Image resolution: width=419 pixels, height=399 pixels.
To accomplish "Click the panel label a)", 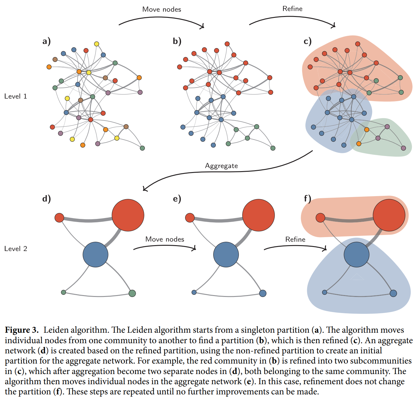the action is coord(46,41).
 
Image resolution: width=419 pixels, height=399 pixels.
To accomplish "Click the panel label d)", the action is coord(46,199).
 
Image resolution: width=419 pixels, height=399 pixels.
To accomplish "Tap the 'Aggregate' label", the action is coord(221,166).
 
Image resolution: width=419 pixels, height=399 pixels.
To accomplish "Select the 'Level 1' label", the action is coord(15,96).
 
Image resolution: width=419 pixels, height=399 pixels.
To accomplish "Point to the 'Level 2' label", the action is coord(16,249).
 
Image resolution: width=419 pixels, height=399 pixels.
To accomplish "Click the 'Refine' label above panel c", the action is coord(292,9).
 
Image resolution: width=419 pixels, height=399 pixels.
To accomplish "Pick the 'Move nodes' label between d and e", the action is coord(164,239).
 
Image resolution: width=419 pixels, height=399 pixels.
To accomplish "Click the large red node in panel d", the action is coord(128,215).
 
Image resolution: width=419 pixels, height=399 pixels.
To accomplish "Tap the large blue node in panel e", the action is coord(226,255).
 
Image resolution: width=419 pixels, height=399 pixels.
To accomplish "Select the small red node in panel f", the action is coord(320,218).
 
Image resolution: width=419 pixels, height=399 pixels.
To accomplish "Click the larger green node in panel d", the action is coord(132,293).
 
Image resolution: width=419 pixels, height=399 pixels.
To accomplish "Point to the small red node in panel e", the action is coord(190,218).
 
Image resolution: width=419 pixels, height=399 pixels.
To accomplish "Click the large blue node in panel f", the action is coord(357,255).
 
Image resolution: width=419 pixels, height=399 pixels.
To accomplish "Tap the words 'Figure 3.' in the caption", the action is coord(22,330).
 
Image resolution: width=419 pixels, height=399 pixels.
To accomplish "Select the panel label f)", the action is coord(307,199).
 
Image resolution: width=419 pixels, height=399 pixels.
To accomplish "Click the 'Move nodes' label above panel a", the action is coord(162,9).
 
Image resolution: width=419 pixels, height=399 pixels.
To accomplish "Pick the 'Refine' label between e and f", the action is coord(295,240).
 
